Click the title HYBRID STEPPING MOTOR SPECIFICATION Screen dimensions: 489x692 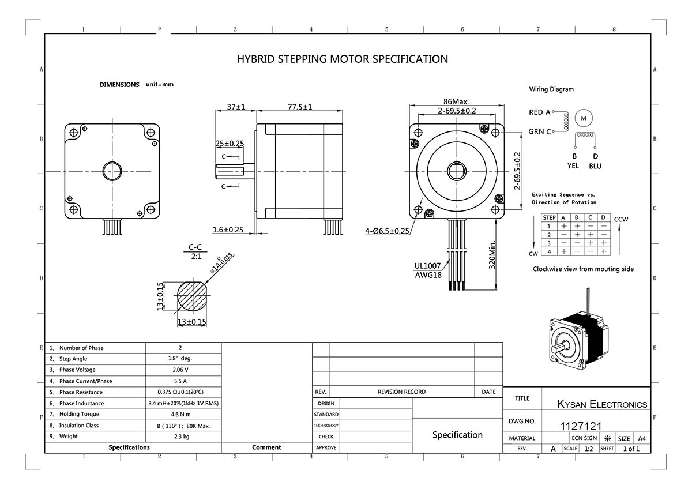[x=343, y=59]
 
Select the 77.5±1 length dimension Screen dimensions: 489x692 [x=300, y=107]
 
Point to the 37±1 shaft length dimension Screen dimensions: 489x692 [x=236, y=107]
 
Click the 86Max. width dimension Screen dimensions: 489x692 [x=456, y=101]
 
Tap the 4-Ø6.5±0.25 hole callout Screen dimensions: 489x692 [x=387, y=231]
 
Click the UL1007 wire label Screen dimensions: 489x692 [x=427, y=266]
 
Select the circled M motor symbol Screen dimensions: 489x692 [x=584, y=118]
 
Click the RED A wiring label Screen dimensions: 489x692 [x=540, y=112]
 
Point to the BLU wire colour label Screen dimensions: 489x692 [x=595, y=166]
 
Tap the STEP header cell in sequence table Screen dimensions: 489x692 [x=550, y=217]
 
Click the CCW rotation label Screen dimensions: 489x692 [x=621, y=219]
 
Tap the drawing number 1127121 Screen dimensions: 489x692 [x=581, y=426]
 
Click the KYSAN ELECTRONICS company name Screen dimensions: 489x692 [x=602, y=404]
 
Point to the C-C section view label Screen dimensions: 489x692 [x=195, y=247]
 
